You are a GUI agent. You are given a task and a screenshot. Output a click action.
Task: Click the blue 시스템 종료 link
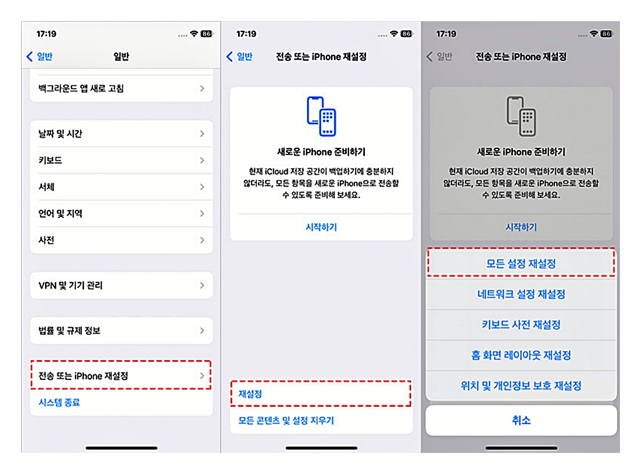(59, 403)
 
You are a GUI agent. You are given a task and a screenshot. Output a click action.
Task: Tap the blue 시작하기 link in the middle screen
(321, 227)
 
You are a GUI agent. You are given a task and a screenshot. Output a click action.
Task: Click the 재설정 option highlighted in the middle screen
(320, 394)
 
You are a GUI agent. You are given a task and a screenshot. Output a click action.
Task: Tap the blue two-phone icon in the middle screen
(321, 116)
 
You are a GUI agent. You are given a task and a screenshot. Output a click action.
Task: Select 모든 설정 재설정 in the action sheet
(521, 264)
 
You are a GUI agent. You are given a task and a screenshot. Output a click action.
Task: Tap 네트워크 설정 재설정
(521, 295)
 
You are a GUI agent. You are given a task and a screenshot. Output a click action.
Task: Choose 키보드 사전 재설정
(521, 325)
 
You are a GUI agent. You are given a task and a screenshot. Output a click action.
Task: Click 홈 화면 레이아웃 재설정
(521, 355)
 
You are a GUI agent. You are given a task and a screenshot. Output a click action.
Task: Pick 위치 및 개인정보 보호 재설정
(521, 386)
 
